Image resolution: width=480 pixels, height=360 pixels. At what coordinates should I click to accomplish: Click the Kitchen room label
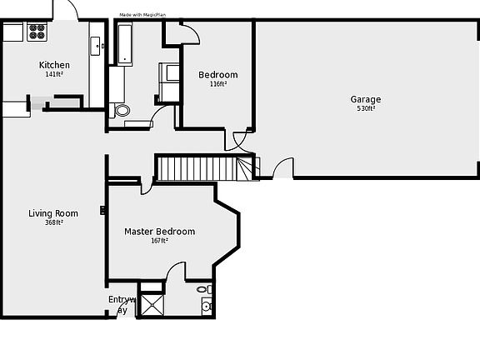(54, 65)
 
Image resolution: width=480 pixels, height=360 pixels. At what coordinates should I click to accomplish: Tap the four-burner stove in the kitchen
(37, 32)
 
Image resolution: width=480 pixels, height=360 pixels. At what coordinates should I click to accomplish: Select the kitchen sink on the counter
(97, 45)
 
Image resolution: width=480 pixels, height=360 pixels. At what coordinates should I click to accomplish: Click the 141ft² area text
(54, 74)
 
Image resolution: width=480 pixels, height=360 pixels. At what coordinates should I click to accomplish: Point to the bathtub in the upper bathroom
(125, 43)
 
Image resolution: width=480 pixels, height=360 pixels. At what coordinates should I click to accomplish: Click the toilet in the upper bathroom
(122, 110)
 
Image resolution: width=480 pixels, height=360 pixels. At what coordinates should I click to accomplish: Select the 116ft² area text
(218, 84)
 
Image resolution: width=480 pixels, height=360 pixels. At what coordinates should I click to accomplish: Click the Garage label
(366, 100)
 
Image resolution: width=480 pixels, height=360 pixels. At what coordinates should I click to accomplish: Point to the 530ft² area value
(366, 109)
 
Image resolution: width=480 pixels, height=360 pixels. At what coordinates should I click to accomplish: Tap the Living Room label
(53, 213)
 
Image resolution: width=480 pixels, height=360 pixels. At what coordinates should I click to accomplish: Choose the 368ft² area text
(53, 222)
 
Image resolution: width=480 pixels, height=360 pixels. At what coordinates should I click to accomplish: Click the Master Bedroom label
(159, 231)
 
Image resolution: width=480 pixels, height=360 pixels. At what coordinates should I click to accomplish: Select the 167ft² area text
(159, 241)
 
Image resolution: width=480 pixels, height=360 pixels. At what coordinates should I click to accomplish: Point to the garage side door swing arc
(283, 167)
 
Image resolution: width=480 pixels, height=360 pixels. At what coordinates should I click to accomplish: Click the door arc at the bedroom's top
(190, 33)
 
